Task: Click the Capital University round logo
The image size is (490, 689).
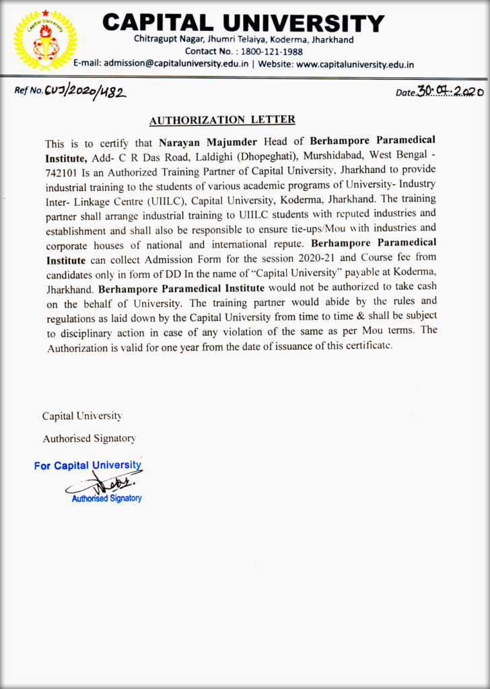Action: point(45,40)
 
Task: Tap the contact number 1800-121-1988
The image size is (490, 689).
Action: point(276,51)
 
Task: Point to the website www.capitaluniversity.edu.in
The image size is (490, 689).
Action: point(355,65)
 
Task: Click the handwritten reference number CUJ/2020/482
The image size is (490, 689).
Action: point(85,93)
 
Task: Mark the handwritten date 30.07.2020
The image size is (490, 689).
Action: point(450,92)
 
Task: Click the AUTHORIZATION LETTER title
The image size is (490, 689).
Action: point(222,120)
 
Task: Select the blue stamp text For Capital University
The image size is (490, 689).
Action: point(87,466)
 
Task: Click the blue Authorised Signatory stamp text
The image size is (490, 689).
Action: point(106,499)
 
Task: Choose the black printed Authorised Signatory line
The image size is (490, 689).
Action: point(89,439)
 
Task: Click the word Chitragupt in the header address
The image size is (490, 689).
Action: point(157,39)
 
